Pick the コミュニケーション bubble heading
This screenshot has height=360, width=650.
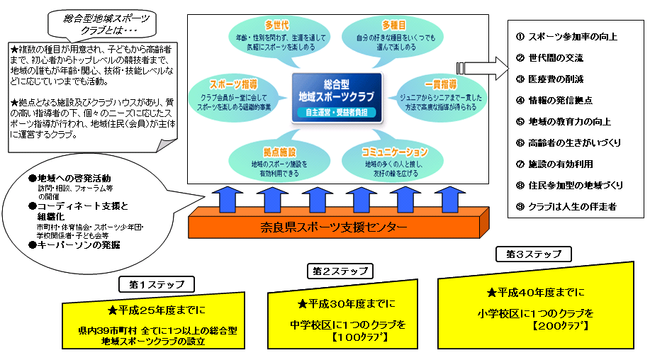(x=395, y=152)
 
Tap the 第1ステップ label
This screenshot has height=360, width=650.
(x=157, y=284)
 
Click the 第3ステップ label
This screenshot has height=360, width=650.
(x=534, y=253)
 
